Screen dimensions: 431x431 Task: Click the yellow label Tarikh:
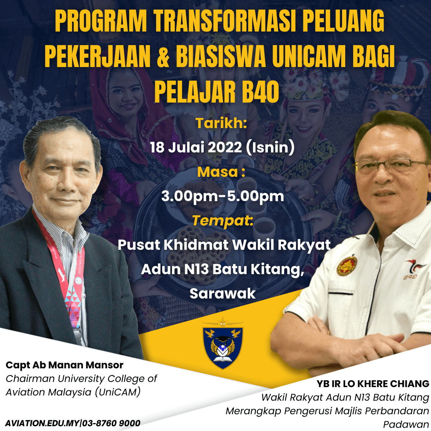tap(221, 123)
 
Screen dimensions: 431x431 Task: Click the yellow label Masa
tap(217, 172)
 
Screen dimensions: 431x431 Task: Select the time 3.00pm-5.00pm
tap(222, 196)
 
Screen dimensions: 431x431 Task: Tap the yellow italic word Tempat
tap(221, 220)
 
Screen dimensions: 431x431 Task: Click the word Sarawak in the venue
tap(222, 293)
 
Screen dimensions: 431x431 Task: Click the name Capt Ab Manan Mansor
tap(64, 365)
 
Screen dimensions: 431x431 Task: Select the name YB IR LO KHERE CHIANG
tap(373, 384)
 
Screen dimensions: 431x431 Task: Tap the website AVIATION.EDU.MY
tap(42, 423)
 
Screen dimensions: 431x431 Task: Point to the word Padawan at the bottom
tap(406, 424)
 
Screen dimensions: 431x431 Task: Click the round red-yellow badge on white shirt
tap(347, 265)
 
